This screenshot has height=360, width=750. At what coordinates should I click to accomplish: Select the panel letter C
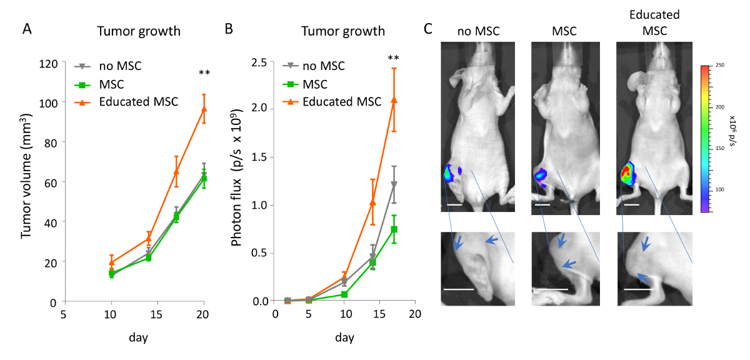[x=429, y=29]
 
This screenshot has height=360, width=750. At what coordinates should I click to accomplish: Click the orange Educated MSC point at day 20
[x=204, y=109]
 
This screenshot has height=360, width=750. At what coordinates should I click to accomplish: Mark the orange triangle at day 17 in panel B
[x=394, y=99]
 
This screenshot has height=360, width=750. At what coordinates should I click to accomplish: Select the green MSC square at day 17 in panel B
[x=394, y=229]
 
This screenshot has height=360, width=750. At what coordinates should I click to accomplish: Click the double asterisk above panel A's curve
[x=204, y=74]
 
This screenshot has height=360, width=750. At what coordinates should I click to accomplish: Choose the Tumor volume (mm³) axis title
[x=26, y=181]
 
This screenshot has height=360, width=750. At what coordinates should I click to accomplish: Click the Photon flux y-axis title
[x=237, y=181]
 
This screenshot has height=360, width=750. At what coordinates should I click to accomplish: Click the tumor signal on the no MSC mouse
[x=450, y=172]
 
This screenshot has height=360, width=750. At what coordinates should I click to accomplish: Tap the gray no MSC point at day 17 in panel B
[x=394, y=184]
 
